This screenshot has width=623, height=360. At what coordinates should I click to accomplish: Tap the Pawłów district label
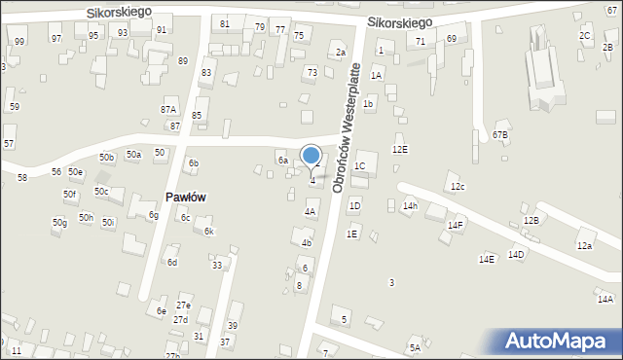pos(185,197)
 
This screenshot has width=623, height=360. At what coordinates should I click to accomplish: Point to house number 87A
pos(168,110)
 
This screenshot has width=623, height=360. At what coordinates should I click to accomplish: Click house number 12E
pos(400,149)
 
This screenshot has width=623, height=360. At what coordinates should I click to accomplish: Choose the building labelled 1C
pos(359,166)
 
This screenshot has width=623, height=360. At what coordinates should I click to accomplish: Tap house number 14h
pos(411,205)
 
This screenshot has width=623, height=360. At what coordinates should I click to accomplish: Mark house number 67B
pos(500,134)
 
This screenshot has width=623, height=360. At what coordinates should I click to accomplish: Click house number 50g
pos(59,223)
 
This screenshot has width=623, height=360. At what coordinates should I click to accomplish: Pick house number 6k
pos(208,231)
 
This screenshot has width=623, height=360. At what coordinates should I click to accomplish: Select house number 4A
pos(311,211)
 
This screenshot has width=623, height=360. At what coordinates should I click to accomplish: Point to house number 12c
pos(458,186)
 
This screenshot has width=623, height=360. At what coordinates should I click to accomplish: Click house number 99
pos(19,41)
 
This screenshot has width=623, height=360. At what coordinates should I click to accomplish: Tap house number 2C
pos(585,36)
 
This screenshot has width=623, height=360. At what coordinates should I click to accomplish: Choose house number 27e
pos(183,306)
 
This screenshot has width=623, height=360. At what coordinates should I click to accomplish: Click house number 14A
pos(605,300)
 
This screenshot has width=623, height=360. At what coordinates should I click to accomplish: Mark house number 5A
pos(415,347)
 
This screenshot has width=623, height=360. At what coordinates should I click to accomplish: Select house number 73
pos(311,72)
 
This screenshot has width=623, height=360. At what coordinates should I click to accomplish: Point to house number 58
pos(22,177)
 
